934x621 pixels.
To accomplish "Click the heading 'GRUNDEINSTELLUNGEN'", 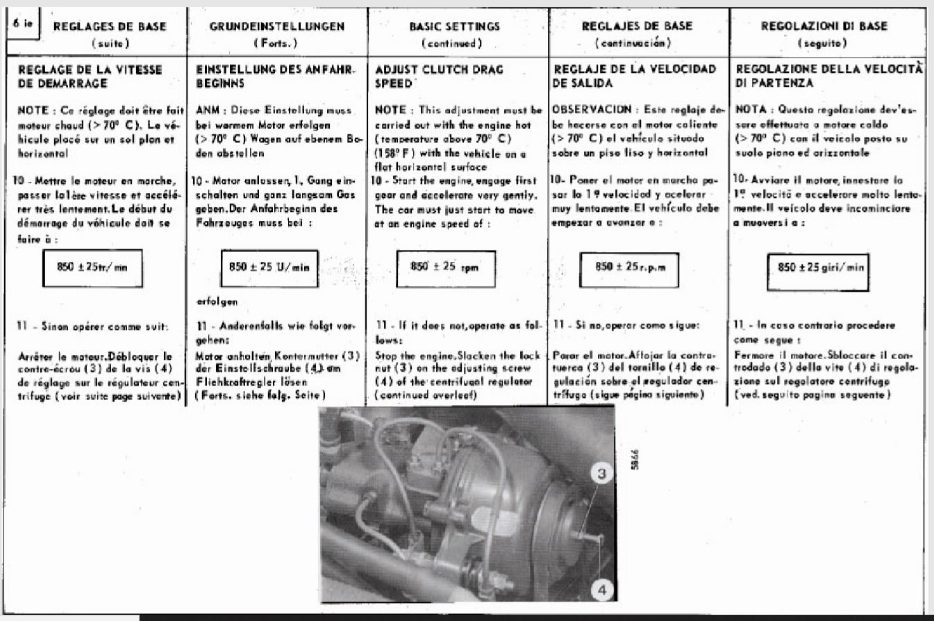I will tap(277, 27).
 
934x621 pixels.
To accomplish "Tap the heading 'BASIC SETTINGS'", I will tap(455, 27).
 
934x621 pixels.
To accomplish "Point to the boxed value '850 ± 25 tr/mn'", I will tap(92, 268).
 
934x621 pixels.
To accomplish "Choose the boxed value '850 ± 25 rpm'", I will tap(445, 268).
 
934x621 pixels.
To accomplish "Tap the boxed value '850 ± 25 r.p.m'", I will tap(628, 268).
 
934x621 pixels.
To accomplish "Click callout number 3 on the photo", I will tap(602, 474).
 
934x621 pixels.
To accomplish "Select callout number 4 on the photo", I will tap(602, 591).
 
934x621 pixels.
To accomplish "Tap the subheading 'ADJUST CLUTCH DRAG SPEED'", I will tap(439, 76).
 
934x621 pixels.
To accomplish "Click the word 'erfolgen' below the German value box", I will tap(217, 301).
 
